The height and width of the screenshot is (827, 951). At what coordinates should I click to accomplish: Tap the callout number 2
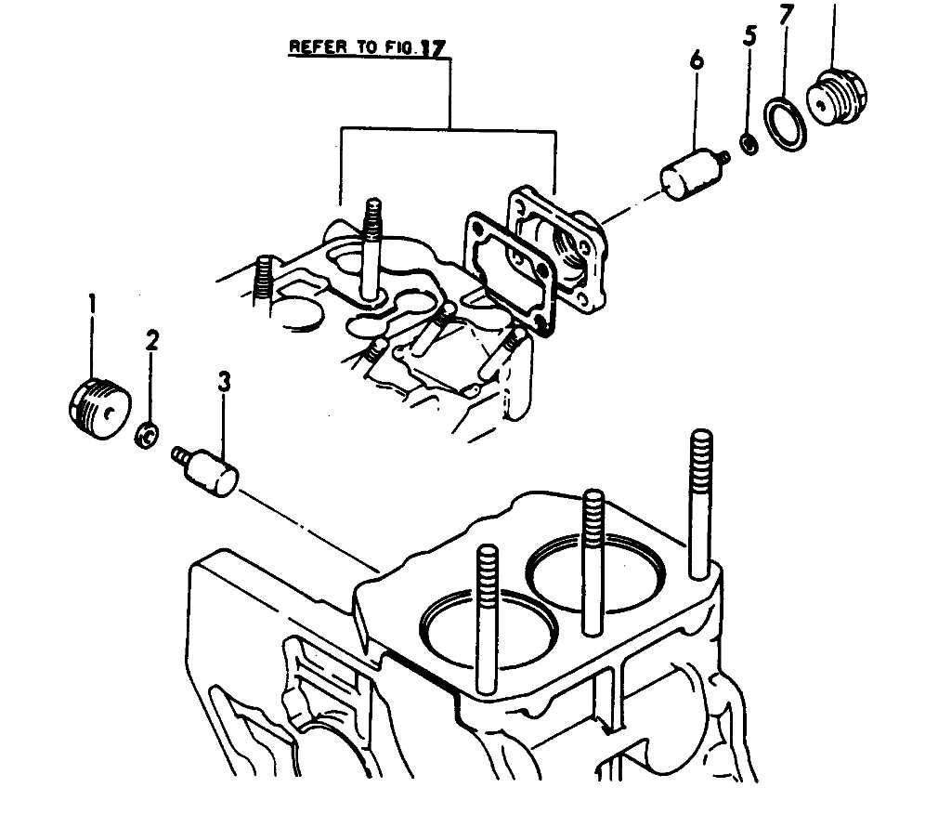pos(152,340)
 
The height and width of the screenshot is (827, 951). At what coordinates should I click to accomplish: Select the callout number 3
pos(224,380)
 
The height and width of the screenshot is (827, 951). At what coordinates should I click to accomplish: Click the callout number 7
pos(787,16)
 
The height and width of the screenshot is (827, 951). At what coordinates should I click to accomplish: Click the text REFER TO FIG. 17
pos(369,46)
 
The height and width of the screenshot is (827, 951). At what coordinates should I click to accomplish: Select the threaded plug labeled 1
pos(99,408)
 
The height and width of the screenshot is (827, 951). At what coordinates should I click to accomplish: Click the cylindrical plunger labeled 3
pos(212,473)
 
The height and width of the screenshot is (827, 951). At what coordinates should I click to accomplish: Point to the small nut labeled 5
pos(746,143)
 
